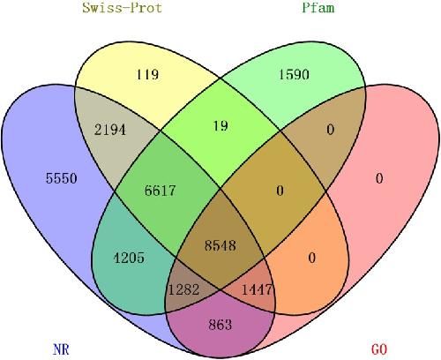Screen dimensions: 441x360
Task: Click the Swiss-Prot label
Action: coord(122,7)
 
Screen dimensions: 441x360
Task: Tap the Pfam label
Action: coord(318,7)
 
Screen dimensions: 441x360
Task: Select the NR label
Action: coord(61,349)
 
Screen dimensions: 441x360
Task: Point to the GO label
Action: coord(379,349)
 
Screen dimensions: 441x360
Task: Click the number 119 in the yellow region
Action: coord(147,74)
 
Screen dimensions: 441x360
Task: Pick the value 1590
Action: coord(294,74)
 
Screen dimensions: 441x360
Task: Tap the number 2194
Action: coord(110,130)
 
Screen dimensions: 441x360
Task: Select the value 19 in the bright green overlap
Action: coord(220,126)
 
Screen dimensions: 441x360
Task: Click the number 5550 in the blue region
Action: coord(62,178)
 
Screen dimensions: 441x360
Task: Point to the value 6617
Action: coord(160,191)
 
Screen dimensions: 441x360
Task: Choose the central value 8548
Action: coord(220,245)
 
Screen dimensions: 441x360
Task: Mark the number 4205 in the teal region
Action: coord(129,258)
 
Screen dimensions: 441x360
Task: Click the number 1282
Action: coord(183,289)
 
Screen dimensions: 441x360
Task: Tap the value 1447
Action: coord(257,289)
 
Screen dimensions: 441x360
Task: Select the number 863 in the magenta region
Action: coord(220,325)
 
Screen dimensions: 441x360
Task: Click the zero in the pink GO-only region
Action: coord(379,178)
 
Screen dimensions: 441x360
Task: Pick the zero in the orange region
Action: coord(312,258)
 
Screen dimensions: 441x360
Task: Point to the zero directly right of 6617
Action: coord(280,191)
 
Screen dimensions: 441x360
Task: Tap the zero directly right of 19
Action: coord(331,130)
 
